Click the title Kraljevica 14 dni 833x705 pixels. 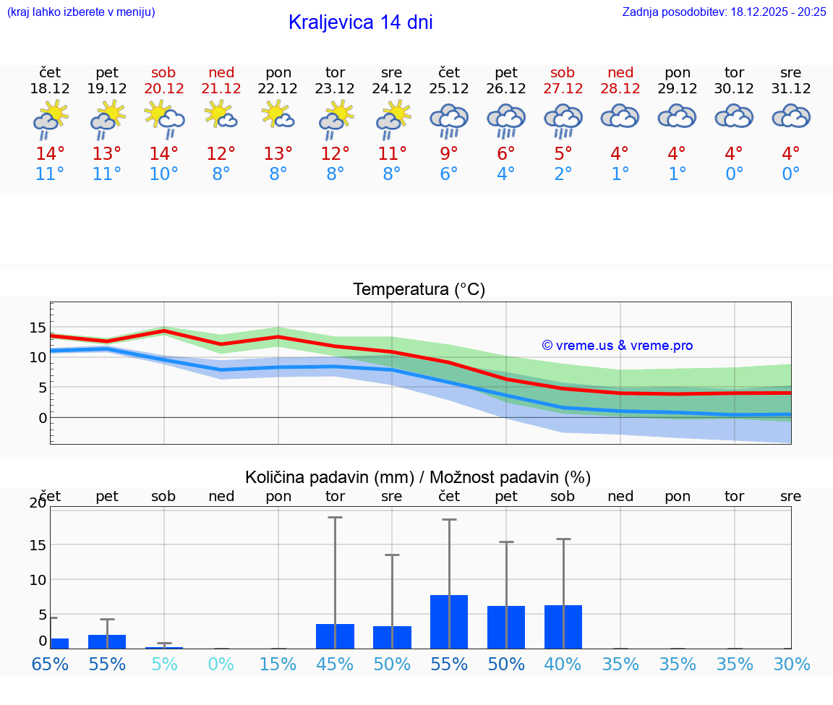[x=360, y=22]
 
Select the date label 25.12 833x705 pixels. [x=449, y=89]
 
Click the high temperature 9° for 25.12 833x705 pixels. [x=449, y=153]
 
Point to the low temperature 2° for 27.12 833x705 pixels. [x=563, y=174]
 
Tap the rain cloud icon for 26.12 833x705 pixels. [x=506, y=119]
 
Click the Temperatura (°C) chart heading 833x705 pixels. [x=419, y=290]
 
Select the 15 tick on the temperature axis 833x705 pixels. [x=38, y=328]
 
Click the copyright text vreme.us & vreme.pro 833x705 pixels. [x=617, y=346]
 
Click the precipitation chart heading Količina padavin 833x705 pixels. [x=418, y=477]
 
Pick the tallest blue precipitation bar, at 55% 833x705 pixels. [x=449, y=622]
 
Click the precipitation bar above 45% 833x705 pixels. [x=335, y=636]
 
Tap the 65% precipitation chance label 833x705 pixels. [x=50, y=664]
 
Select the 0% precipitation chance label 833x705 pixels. [x=221, y=664]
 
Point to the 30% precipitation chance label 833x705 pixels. [x=791, y=664]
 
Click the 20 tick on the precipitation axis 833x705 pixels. [x=38, y=503]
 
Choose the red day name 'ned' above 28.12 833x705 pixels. [x=620, y=72]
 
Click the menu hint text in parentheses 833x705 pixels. [x=81, y=12]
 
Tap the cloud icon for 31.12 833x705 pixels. [x=791, y=116]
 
